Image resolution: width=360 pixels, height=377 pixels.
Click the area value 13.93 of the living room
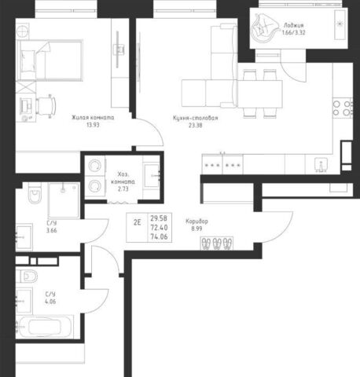93,125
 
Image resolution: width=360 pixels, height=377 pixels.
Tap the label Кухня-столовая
196,118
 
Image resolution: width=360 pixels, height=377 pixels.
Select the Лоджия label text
294,25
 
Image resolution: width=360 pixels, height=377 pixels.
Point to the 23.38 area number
196,125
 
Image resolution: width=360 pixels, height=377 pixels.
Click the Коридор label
197,221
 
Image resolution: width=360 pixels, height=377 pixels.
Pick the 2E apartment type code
138,222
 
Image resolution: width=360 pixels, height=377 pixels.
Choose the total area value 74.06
159,236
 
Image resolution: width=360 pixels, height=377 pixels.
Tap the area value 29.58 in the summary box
159,218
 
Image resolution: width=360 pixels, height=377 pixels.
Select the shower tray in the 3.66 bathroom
64,200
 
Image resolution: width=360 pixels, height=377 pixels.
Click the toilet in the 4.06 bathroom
27,276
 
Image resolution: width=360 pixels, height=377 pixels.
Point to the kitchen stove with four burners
343,108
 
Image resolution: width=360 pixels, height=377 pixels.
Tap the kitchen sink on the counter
321,165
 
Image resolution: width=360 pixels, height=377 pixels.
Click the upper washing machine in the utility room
94,166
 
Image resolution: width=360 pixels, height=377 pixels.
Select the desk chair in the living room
46,105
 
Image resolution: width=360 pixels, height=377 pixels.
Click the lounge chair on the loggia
264,28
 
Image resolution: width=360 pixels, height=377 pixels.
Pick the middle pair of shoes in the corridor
217,243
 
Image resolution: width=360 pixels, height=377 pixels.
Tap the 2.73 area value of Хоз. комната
123,188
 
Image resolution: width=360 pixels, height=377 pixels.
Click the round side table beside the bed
22,31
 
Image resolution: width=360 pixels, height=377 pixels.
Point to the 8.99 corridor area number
197,229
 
